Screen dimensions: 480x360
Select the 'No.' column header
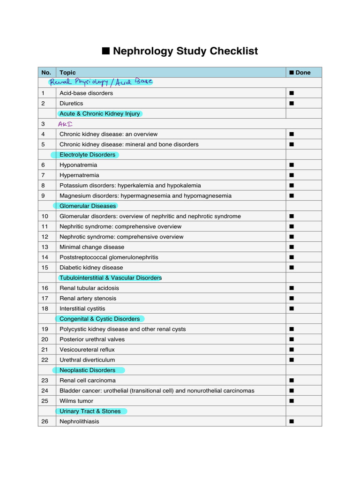(x=46, y=72)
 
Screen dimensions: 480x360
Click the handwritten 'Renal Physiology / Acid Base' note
(x=101, y=82)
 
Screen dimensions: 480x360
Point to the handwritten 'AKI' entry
(x=65, y=124)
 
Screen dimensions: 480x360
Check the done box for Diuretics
(x=291, y=103)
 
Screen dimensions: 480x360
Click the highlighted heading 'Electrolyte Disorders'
(x=87, y=155)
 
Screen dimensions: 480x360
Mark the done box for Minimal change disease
(x=291, y=247)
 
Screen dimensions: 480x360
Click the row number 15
(x=45, y=268)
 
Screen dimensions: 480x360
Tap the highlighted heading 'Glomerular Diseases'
(x=88, y=206)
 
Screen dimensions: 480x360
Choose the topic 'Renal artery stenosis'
(x=88, y=298)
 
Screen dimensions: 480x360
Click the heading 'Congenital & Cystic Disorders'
(x=99, y=319)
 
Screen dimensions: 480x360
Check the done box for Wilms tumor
(x=291, y=401)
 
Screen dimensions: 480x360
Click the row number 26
(x=45, y=421)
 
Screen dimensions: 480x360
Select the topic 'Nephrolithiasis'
(x=79, y=421)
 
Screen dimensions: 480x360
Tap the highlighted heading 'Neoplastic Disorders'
(x=87, y=370)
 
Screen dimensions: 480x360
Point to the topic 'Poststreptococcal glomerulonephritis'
(x=109, y=257)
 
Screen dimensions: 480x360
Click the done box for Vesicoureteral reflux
(x=291, y=350)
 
